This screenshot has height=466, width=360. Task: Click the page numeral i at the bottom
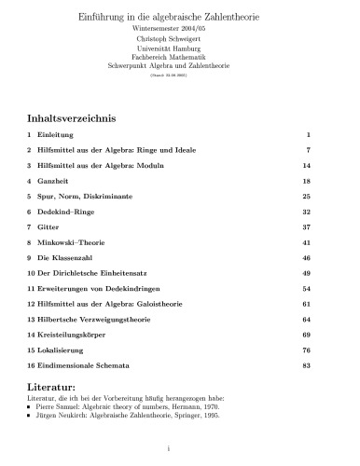(x=179, y=450)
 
